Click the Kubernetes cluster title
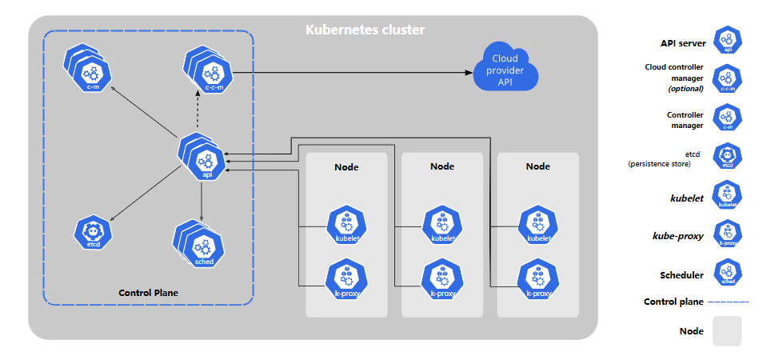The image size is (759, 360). point(365,30)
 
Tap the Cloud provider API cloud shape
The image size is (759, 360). point(505,70)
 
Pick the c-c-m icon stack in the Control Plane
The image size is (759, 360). point(209,72)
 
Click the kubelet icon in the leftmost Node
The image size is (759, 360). point(346,224)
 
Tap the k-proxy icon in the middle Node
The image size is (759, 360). point(442,278)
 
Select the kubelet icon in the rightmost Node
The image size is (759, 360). point(537,224)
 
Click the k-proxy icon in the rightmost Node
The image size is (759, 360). point(537,278)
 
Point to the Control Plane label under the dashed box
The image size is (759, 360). point(148,293)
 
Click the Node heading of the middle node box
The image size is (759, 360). point(442,166)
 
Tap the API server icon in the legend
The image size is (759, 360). point(728,40)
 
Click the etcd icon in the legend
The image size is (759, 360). point(728,156)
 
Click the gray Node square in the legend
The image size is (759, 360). point(727,331)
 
